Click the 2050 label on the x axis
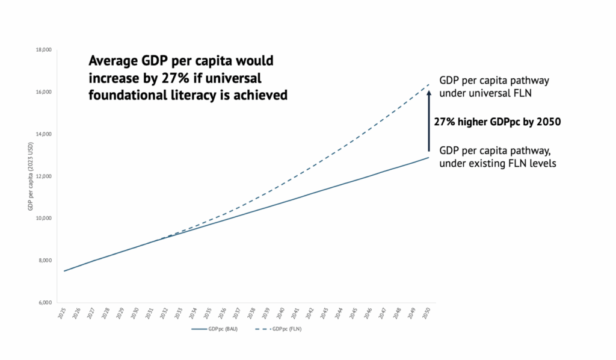click(427, 314)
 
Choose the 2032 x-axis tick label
click(164, 314)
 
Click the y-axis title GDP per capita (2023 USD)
click(29, 176)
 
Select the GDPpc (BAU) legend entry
click(214, 329)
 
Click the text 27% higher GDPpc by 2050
click(497, 122)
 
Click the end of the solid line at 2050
click(428, 158)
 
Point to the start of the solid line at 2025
click(64, 271)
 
